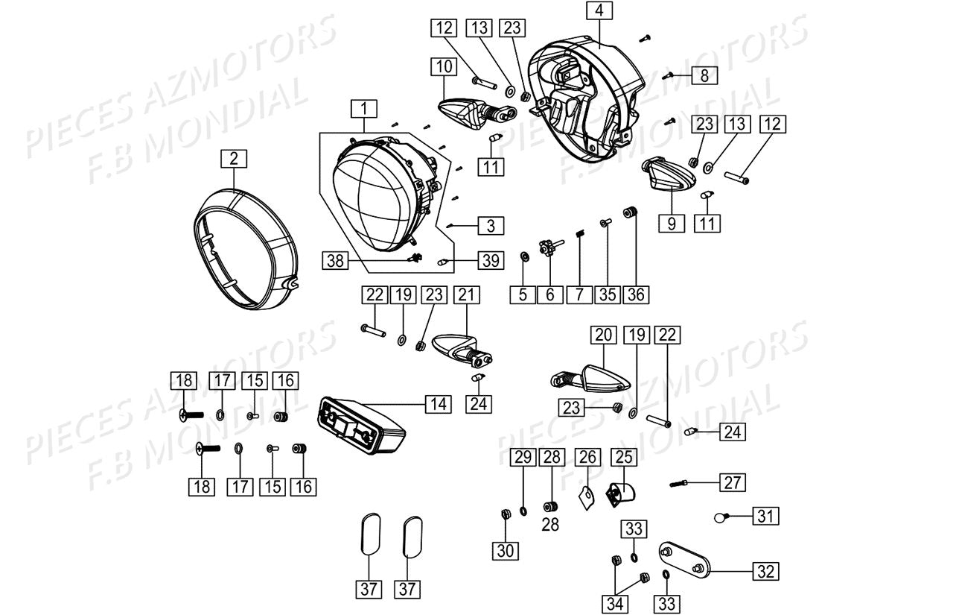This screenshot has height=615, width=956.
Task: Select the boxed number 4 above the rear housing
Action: [x=599, y=11]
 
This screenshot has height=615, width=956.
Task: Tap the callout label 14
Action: [x=439, y=404]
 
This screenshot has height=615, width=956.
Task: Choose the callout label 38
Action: [x=335, y=260]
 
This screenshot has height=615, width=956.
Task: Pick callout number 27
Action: [x=733, y=482]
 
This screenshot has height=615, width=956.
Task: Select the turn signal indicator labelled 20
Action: [x=596, y=378]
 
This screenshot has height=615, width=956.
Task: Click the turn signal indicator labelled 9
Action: [x=668, y=174]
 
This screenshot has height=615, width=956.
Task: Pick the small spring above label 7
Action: [x=579, y=236]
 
